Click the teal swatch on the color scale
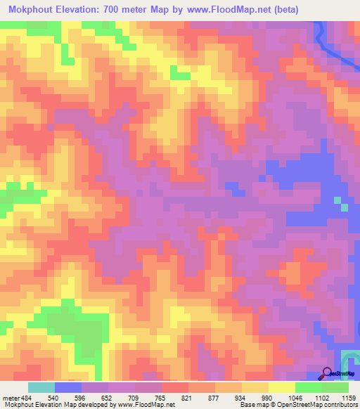point(41,387)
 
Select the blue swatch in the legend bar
point(68,387)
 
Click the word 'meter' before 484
point(11,398)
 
